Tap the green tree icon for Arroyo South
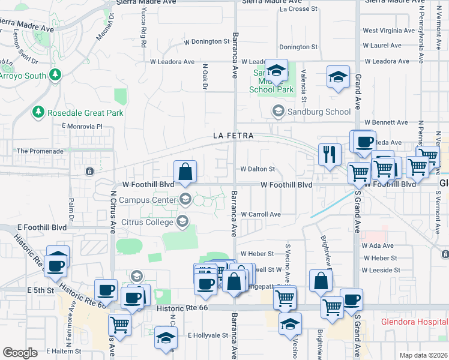(55, 74)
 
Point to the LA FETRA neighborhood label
(234, 136)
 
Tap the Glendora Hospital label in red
(414, 322)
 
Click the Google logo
(20, 353)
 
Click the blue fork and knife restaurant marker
(330, 154)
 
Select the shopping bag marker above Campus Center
(185, 171)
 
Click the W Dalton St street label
(258, 170)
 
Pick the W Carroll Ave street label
(261, 214)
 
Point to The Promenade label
(40, 151)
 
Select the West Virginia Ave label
(388, 31)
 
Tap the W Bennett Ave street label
(385, 122)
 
